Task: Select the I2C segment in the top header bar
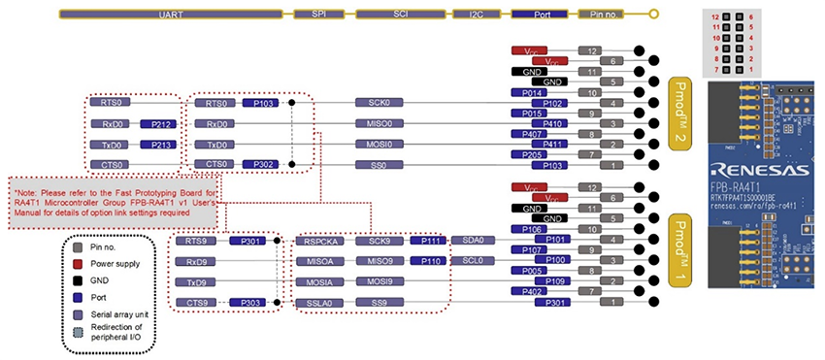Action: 475,16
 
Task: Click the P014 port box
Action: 527,93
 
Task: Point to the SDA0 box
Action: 475,241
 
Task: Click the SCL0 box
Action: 475,262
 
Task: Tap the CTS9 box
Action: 196,304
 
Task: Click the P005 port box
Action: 527,272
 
